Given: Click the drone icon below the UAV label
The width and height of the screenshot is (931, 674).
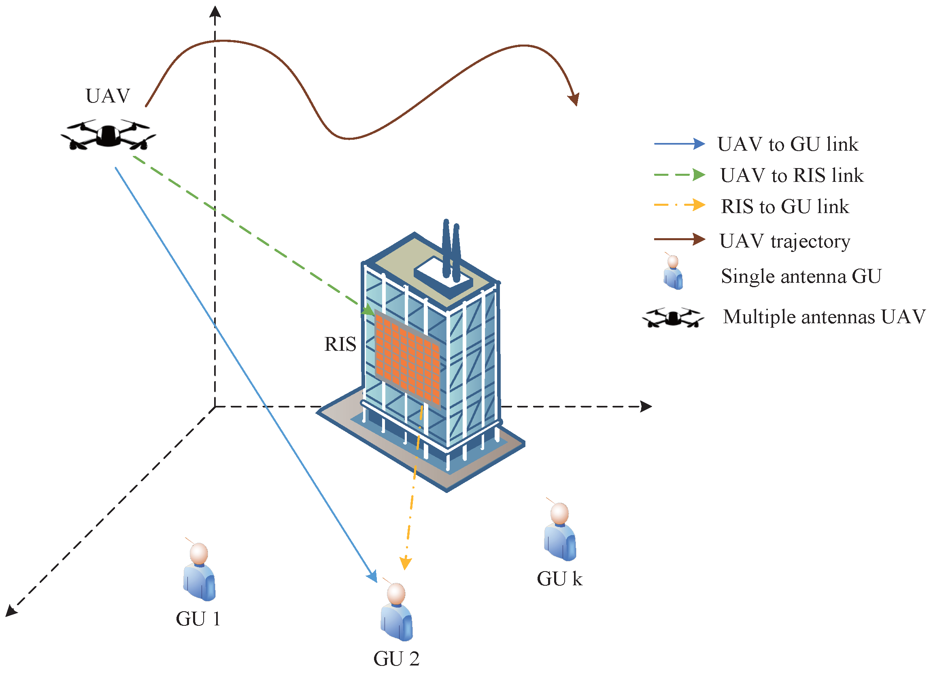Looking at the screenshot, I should coord(108,136).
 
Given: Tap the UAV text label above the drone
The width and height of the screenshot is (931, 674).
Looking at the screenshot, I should coord(108,96).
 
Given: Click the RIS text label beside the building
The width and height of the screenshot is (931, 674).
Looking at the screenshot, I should coord(340,344).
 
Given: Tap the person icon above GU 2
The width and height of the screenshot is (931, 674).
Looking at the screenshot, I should coord(396,612).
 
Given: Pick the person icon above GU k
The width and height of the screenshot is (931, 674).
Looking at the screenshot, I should coord(560,532).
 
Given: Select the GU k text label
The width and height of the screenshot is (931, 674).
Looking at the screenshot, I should coord(559,579).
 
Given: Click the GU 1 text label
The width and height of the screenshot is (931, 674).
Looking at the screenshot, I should coord(198,619).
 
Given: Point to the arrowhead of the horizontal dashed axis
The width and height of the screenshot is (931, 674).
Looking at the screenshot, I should coord(646,407).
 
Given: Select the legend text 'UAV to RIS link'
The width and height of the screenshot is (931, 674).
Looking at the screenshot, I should coord(792,175).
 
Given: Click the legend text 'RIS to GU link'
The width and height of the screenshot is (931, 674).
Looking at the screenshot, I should coord(785,207).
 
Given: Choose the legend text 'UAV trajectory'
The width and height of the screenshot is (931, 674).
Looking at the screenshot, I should coord(784,241).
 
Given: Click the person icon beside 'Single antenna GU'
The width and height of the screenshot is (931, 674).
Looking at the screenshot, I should coord(673,272).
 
